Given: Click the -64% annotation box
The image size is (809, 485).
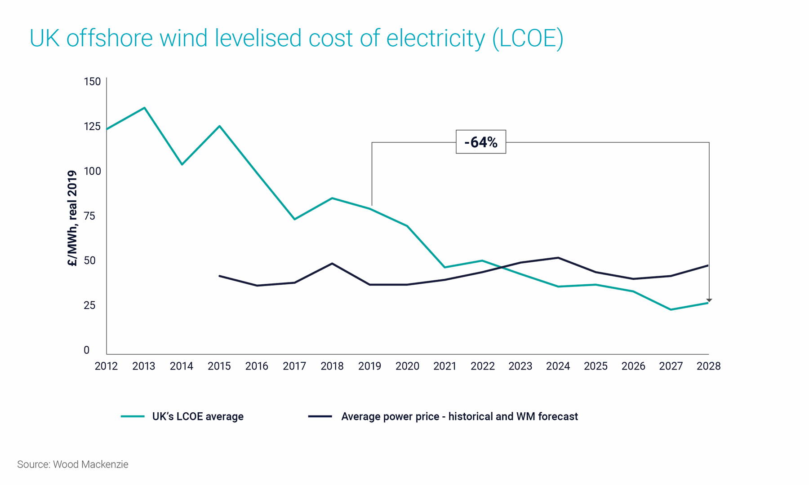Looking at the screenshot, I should pyautogui.click(x=480, y=142).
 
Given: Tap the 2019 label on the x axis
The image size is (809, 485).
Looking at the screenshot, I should pyautogui.click(x=369, y=366).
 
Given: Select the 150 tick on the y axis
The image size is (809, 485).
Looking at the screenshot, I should pyautogui.click(x=92, y=82).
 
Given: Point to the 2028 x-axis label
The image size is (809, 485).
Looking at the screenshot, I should pyautogui.click(x=708, y=366).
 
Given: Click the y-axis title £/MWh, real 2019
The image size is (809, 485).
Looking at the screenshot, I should pyautogui.click(x=72, y=218).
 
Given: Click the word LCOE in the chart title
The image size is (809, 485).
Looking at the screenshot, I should pyautogui.click(x=528, y=38).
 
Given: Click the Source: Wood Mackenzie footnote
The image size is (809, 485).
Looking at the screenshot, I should pyautogui.click(x=73, y=464).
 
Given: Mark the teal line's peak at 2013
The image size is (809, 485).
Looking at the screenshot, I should pyautogui.click(x=144, y=108).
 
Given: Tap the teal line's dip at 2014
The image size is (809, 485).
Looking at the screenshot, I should pyautogui.click(x=182, y=164).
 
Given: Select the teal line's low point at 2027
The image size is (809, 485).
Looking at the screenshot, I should pyautogui.click(x=671, y=309).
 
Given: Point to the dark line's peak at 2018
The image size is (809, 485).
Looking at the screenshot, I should pyautogui.click(x=332, y=264).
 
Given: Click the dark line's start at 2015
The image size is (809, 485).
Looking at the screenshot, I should pyautogui.click(x=219, y=276).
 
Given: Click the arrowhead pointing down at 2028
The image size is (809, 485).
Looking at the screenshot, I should pyautogui.click(x=709, y=300).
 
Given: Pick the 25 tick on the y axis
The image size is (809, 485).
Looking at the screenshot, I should pyautogui.click(x=90, y=305).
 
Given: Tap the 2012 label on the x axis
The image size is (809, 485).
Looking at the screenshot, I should pyautogui.click(x=106, y=366).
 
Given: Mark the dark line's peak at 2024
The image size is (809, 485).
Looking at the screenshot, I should pyautogui.click(x=558, y=258).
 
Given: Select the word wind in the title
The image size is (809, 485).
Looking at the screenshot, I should pyautogui.click(x=184, y=38).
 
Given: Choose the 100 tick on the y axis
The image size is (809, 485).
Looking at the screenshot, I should pyautogui.click(x=92, y=171).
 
